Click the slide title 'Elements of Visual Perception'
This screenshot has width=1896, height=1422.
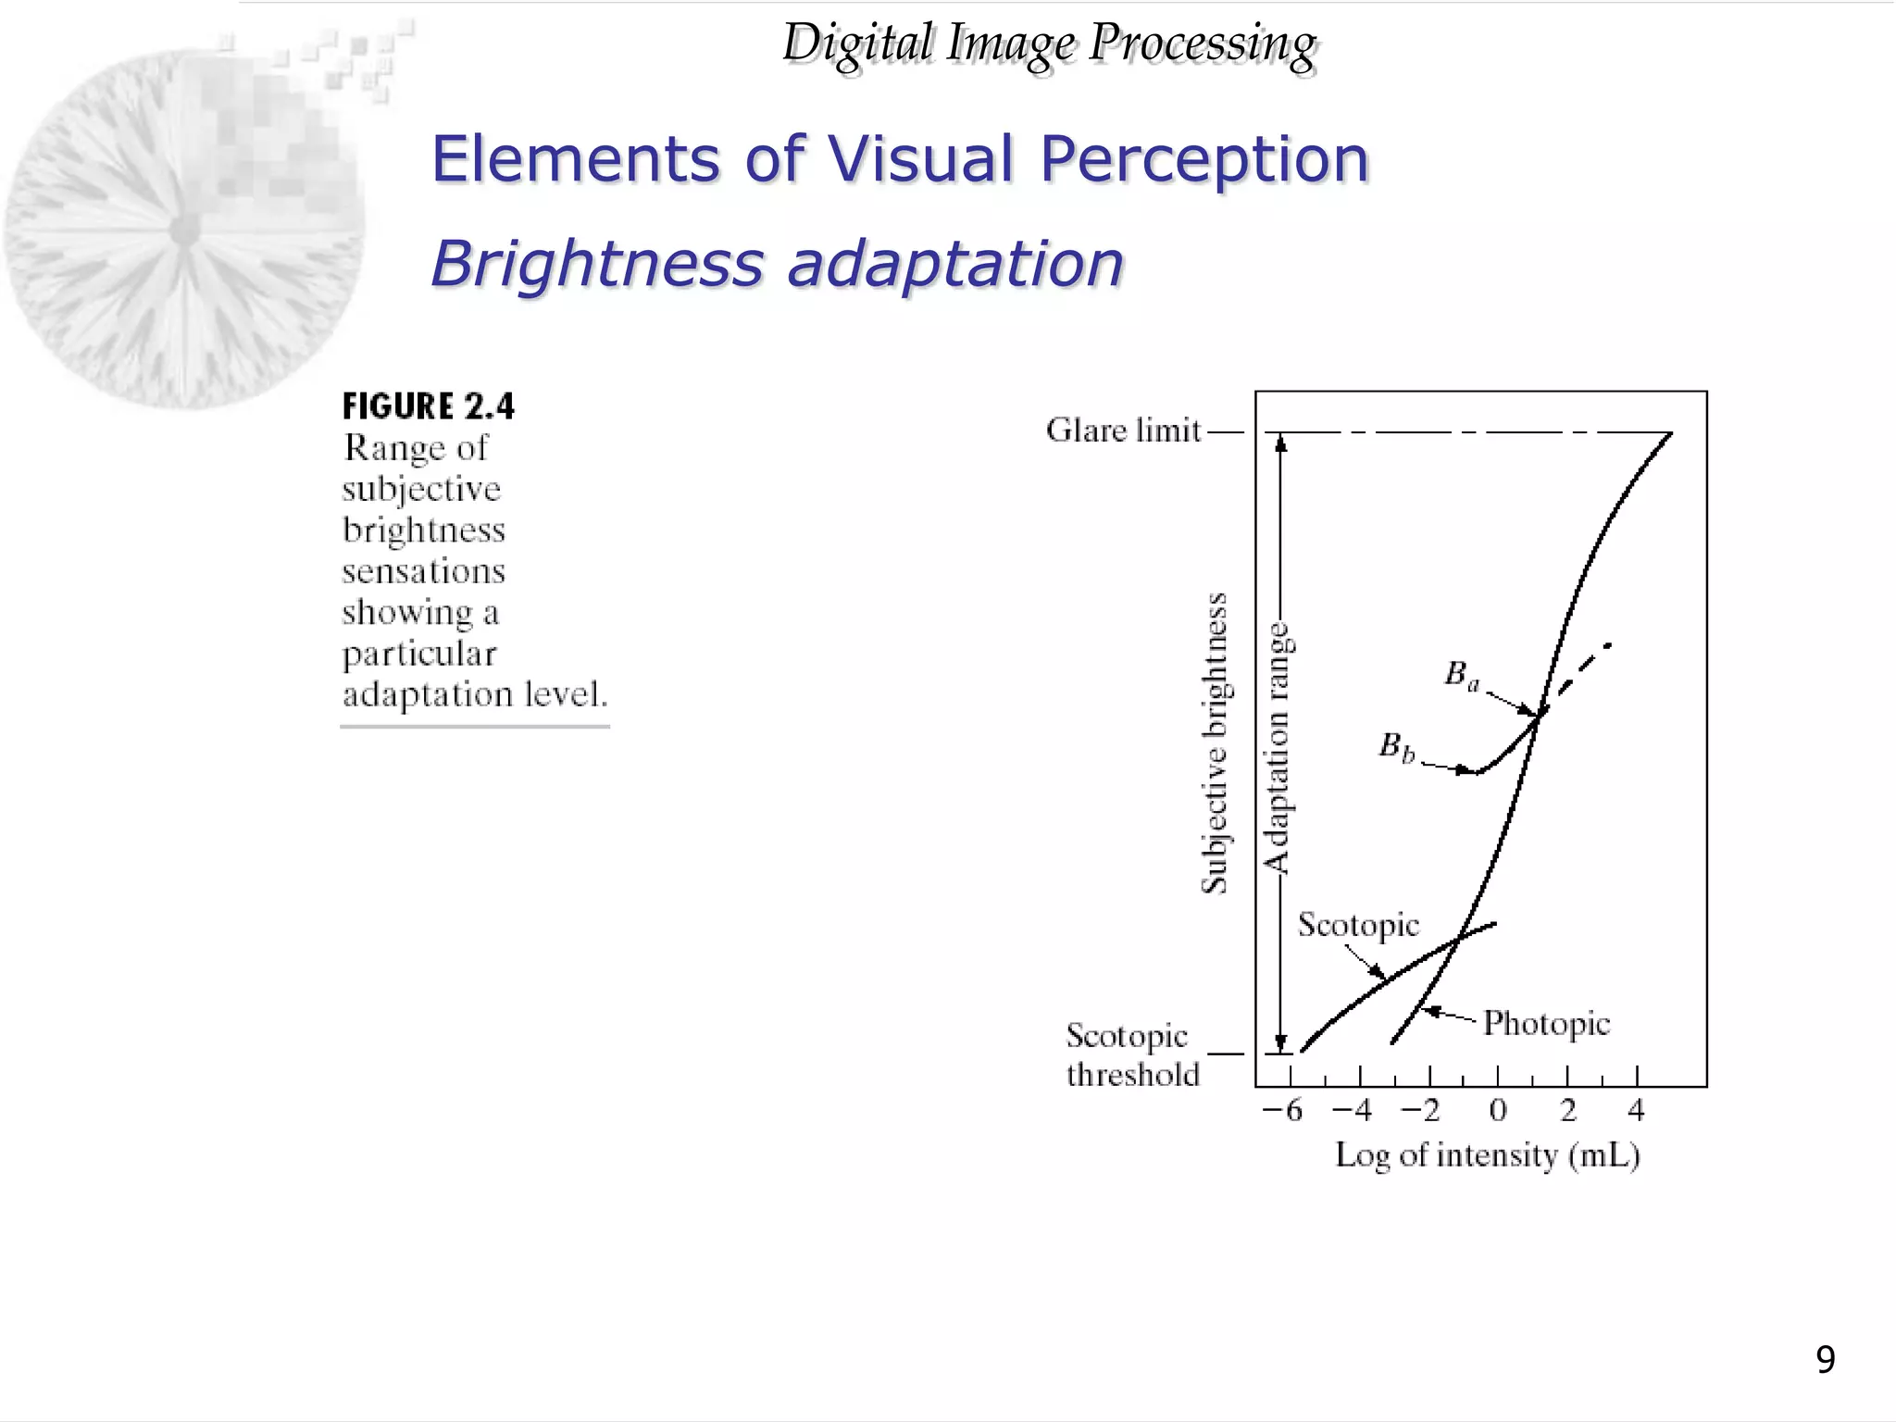[899, 158]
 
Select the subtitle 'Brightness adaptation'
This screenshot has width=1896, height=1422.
[777, 263]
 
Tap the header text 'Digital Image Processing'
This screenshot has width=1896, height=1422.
[1049, 44]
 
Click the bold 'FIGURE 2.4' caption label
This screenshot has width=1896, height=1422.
[428, 406]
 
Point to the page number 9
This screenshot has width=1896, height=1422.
[1825, 1360]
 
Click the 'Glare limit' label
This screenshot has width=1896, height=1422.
[1123, 430]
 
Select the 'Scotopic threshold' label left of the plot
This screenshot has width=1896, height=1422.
[1132, 1055]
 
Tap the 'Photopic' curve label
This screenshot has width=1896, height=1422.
[1546, 1023]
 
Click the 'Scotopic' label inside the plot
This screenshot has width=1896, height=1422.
[1358, 925]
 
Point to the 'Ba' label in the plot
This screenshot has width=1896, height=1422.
[1462, 675]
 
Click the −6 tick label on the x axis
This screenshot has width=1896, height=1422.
[1283, 1110]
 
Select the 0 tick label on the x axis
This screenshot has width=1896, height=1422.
[1498, 1110]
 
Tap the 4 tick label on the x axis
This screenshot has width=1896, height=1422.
[1636, 1110]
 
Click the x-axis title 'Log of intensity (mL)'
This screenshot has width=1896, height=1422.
[1487, 1155]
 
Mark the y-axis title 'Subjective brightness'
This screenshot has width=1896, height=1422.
[1214, 743]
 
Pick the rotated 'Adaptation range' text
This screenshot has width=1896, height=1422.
[1278, 748]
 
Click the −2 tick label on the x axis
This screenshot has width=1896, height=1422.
[1420, 1110]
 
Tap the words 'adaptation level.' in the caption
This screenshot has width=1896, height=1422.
[475, 694]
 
